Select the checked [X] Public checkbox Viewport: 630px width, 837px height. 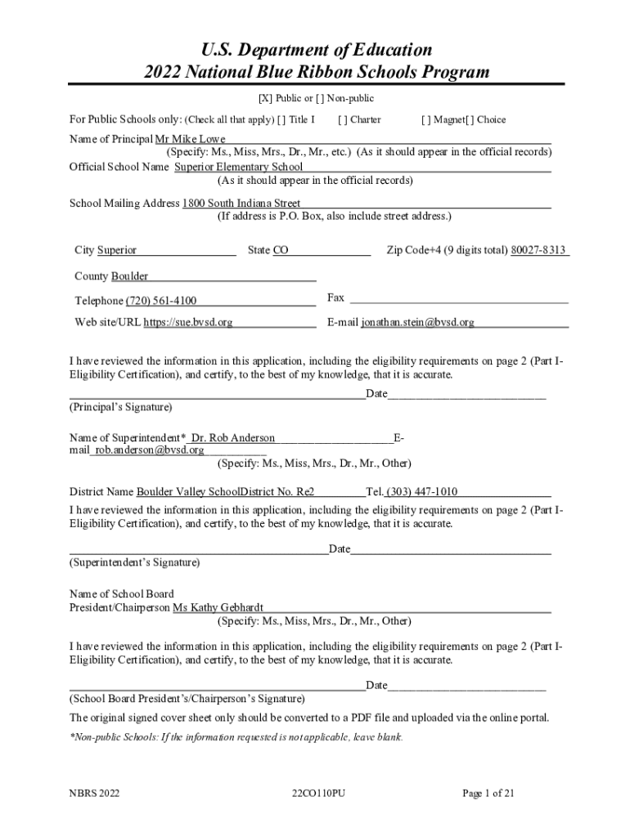tap(265, 99)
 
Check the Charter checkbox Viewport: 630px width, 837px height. tap(343, 120)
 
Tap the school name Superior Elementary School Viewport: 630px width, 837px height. tap(239, 168)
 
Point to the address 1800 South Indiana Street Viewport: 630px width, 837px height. tap(241, 204)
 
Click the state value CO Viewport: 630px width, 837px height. tap(281, 251)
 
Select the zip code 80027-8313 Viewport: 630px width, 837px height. tap(538, 251)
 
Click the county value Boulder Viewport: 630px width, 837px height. tap(129, 276)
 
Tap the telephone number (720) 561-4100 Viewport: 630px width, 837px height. tap(161, 301)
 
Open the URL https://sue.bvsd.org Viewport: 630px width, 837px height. tap(188, 323)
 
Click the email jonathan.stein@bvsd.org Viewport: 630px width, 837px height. tap(417, 323)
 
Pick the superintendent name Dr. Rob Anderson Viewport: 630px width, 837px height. tap(233, 438)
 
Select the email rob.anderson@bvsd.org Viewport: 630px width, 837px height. tap(150, 450)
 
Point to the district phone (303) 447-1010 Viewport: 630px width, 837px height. tap(422, 492)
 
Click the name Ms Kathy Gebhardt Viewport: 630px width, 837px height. tap(218, 608)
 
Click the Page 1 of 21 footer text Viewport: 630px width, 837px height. tap(488, 794)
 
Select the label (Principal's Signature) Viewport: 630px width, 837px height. tap(120, 407)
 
